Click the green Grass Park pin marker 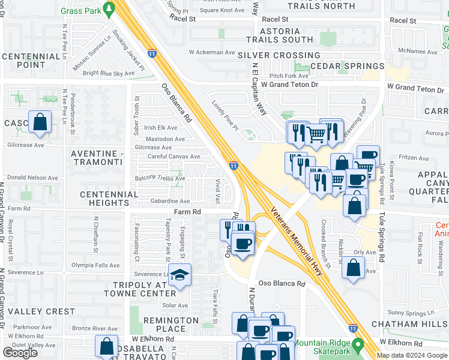click(109, 9)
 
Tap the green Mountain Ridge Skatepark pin click(358, 346)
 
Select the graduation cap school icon click(179, 275)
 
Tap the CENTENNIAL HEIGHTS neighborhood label click(109, 199)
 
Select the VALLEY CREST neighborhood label click(41, 311)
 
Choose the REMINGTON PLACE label click(170, 325)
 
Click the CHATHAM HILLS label click(409, 325)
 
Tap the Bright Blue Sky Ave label click(109, 73)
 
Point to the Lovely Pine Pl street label click(225, 115)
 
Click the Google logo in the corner click(20, 353)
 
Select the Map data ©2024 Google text click(411, 355)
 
